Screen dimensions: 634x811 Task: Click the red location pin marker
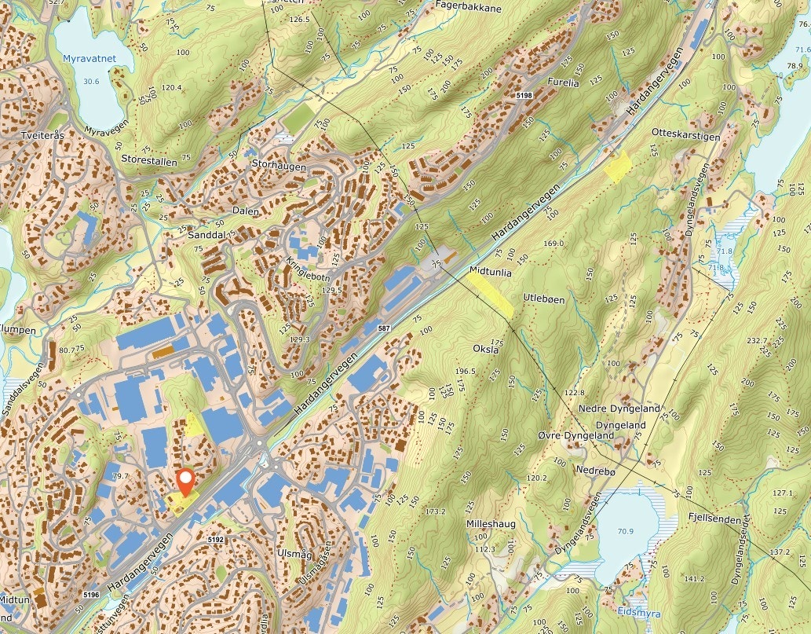(x=186, y=481)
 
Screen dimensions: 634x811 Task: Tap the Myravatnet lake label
(x=91, y=59)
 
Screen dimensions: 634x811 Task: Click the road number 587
(x=383, y=327)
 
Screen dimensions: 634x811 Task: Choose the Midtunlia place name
(x=490, y=272)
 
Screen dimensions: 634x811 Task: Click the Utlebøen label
(x=545, y=298)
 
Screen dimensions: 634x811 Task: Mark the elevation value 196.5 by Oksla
(x=466, y=371)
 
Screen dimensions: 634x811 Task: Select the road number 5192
(x=217, y=541)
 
